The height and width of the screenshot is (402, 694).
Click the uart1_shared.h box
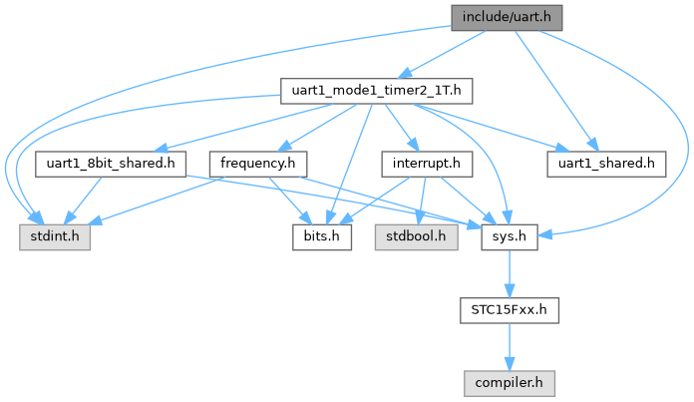606,163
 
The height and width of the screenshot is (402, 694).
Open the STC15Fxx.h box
509,309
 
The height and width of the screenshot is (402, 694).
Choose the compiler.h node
509,382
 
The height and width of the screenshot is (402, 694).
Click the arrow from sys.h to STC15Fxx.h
509,272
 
